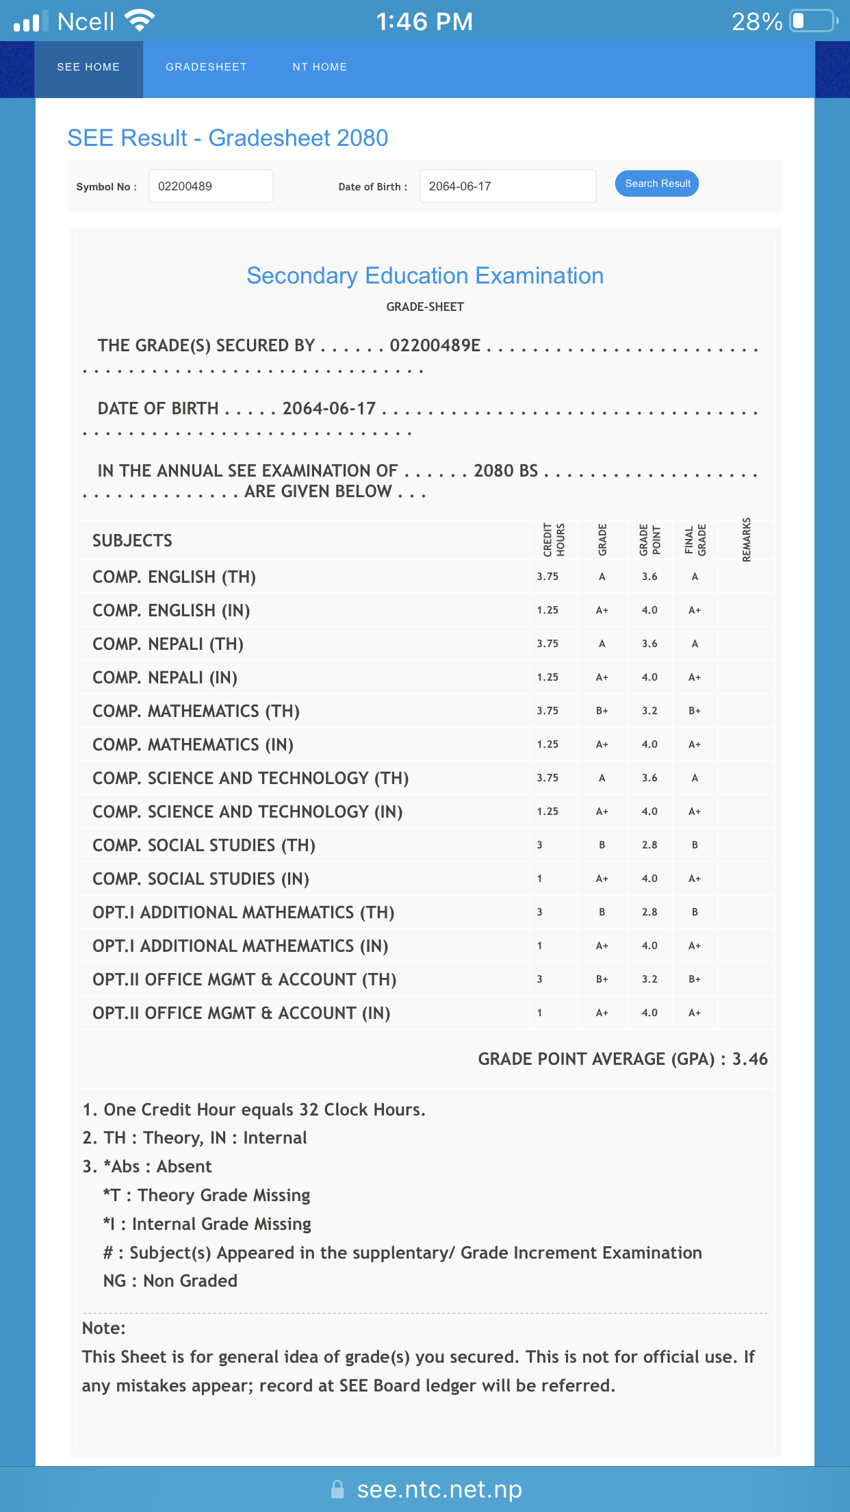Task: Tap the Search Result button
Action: [x=656, y=184]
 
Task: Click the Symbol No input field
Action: [x=211, y=186]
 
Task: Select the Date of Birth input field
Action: [x=507, y=186]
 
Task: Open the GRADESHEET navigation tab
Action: [x=206, y=67]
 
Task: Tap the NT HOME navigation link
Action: [x=320, y=67]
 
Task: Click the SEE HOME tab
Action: [x=88, y=67]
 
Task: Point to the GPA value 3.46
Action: [x=750, y=1059]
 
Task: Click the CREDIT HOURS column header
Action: [x=554, y=540]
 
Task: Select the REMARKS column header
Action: [x=747, y=540]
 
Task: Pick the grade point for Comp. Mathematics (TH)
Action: [x=649, y=711]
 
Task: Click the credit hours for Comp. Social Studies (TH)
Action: [x=540, y=845]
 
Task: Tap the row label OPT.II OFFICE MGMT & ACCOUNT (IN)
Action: [x=241, y=1013]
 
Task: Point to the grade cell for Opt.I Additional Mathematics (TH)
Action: [x=602, y=912]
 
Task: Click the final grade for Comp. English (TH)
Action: [x=695, y=577]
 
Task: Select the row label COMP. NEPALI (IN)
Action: [x=165, y=677]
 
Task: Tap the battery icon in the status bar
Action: [x=813, y=21]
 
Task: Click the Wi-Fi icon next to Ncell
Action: [x=140, y=21]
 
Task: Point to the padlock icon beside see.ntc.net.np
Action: [x=337, y=1489]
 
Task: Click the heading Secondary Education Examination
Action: [x=425, y=275]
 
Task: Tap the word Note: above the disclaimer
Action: [x=104, y=1328]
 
